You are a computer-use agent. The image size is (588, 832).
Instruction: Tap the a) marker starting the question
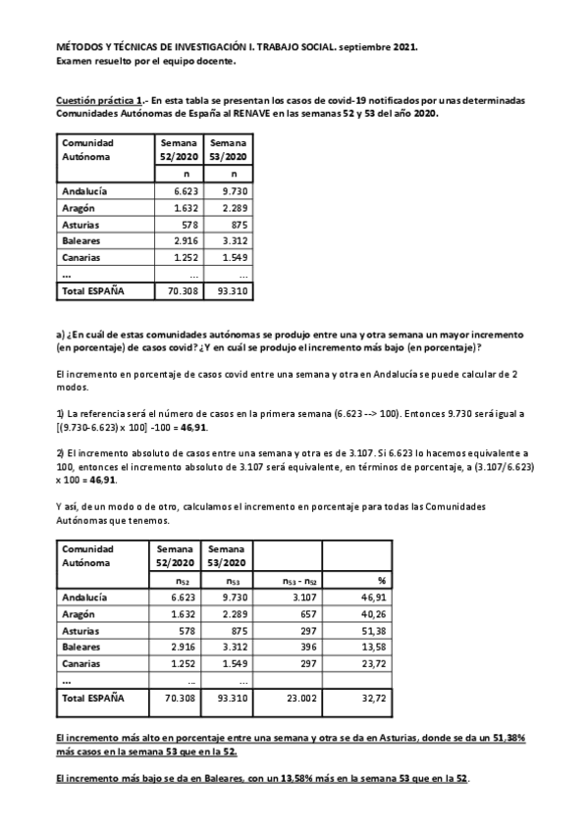[x=60, y=334]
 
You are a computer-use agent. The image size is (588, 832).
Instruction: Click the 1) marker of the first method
[x=60, y=414]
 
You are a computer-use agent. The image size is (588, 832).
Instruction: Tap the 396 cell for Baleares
[x=299, y=648]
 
